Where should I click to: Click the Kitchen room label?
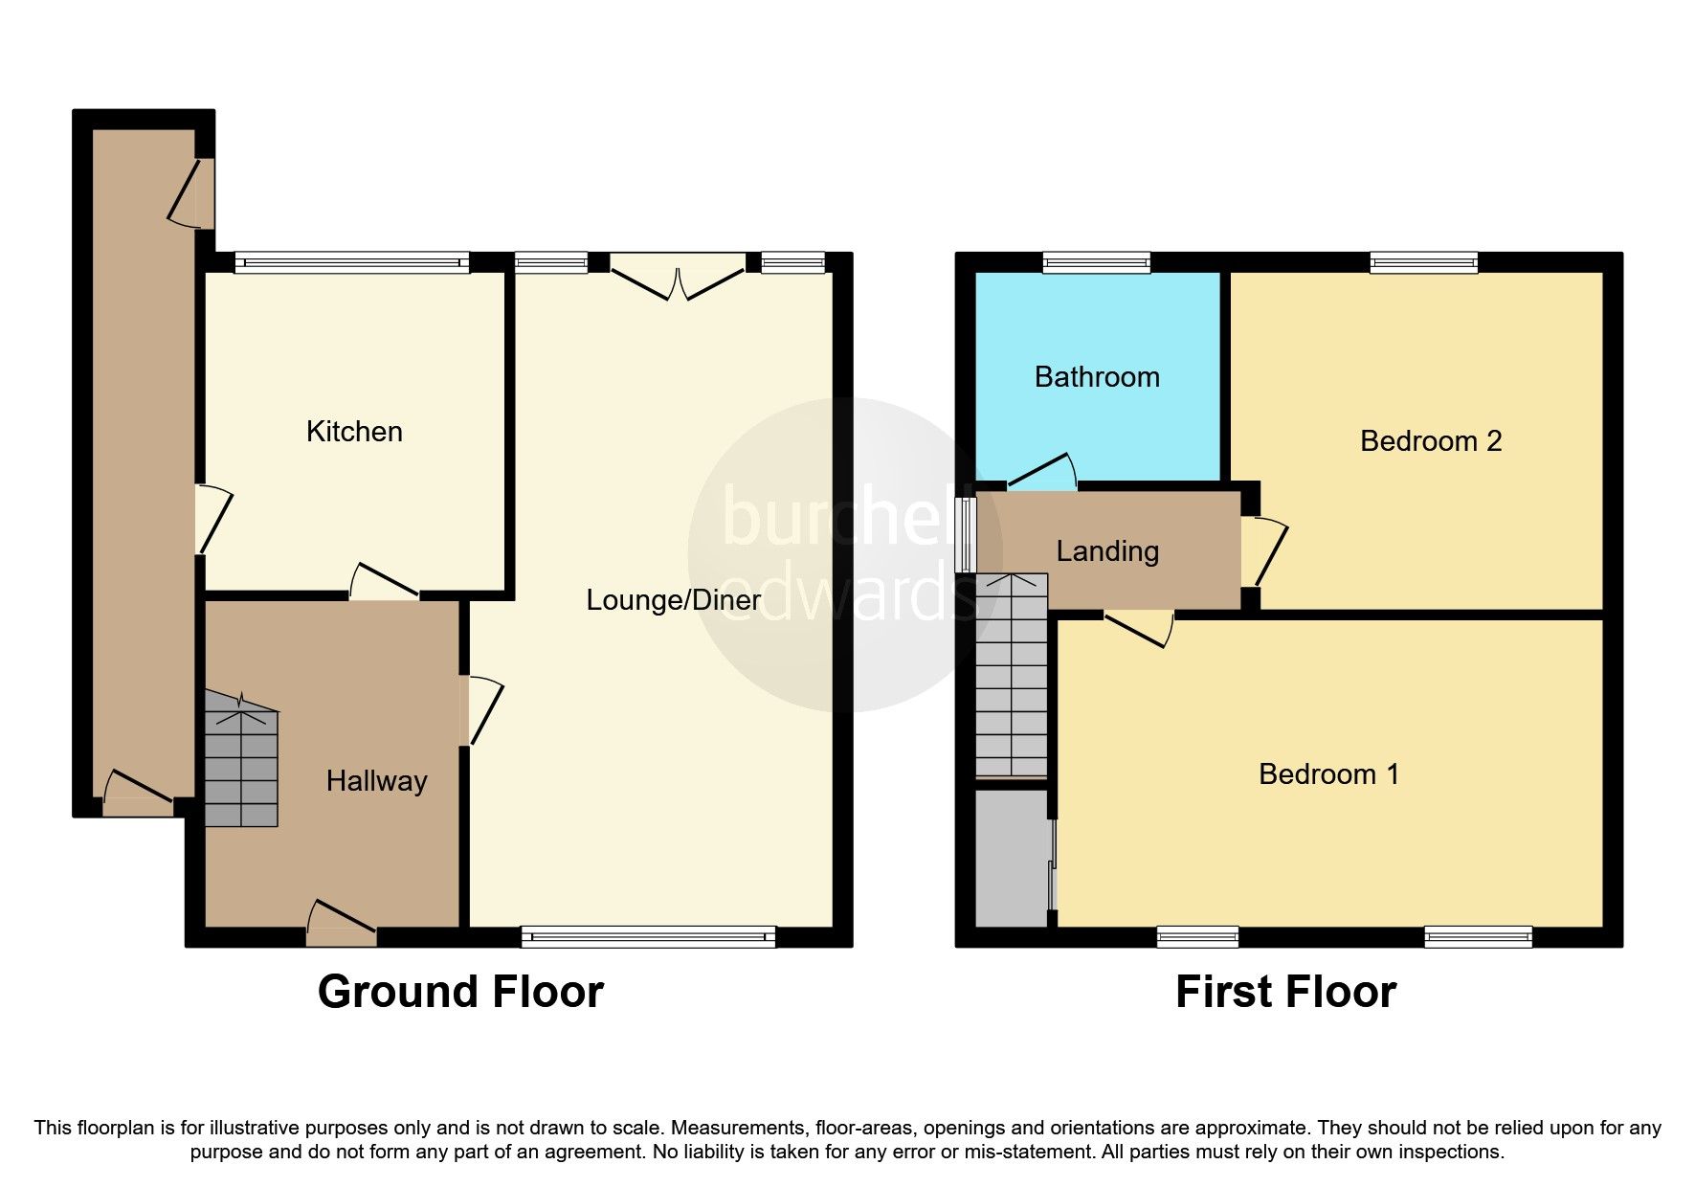(354, 432)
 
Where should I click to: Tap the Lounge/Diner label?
(673, 600)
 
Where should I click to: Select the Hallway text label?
(376, 781)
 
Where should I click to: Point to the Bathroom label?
(1097, 377)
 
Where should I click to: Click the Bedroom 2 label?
(1430, 441)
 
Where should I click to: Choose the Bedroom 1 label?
(1328, 773)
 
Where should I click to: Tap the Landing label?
(1107, 551)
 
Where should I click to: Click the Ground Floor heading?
(460, 992)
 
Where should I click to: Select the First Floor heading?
(1285, 992)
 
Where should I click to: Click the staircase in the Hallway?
(240, 767)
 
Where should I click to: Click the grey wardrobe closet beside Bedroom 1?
(1012, 858)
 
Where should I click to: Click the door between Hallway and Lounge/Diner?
(478, 709)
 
